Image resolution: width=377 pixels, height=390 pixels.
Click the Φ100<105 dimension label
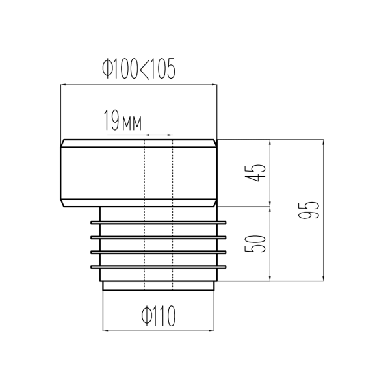tap(138, 69)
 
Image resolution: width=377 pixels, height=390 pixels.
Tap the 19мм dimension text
tap(123, 120)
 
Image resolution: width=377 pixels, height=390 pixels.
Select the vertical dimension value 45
tap(255, 173)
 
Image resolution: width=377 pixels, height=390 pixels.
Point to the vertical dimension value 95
tap(308, 210)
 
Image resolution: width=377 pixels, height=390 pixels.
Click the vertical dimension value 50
tap(255, 244)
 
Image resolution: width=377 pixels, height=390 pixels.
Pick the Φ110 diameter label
tap(159, 316)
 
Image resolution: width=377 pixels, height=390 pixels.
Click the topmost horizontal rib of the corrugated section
tap(159, 222)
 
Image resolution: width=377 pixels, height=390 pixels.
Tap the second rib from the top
tap(159, 237)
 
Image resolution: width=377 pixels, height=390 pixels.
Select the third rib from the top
tap(159, 252)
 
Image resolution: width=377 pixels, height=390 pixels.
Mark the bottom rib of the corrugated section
tap(159, 267)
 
